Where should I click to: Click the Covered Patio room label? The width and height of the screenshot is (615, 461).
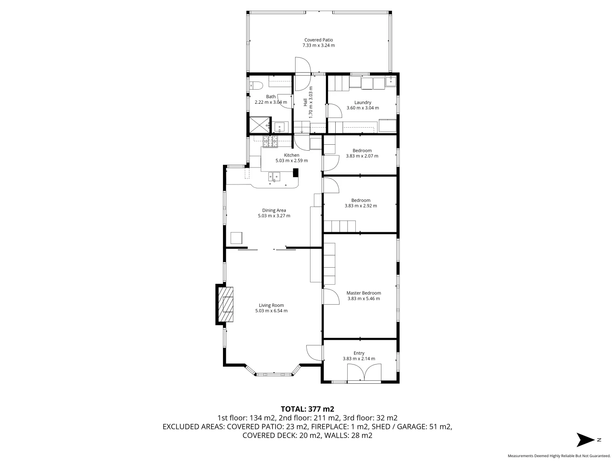coord(318,40)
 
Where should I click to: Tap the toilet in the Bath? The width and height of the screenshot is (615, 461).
coord(256,85)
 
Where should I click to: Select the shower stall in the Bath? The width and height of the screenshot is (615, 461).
coord(258,125)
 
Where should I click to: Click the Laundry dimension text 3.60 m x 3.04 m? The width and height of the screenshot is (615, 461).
coord(363,108)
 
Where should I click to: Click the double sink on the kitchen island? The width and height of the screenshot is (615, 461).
coord(274,176)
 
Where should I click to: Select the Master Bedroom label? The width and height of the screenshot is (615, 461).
coord(363,293)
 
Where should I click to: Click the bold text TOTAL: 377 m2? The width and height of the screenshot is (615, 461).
coord(307,409)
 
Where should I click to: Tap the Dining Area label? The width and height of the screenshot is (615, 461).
coord(274,210)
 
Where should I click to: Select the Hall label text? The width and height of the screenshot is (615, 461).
coord(305,102)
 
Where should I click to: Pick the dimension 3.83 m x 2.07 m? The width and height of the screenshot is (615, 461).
coord(362,156)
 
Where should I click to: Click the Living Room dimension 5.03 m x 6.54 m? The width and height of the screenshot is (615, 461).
coord(271,311)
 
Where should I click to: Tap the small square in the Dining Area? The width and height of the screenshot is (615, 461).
coord(237,237)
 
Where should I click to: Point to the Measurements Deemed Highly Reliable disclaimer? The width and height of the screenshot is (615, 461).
coord(559,456)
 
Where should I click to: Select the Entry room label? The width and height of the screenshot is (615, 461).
coord(359,353)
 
